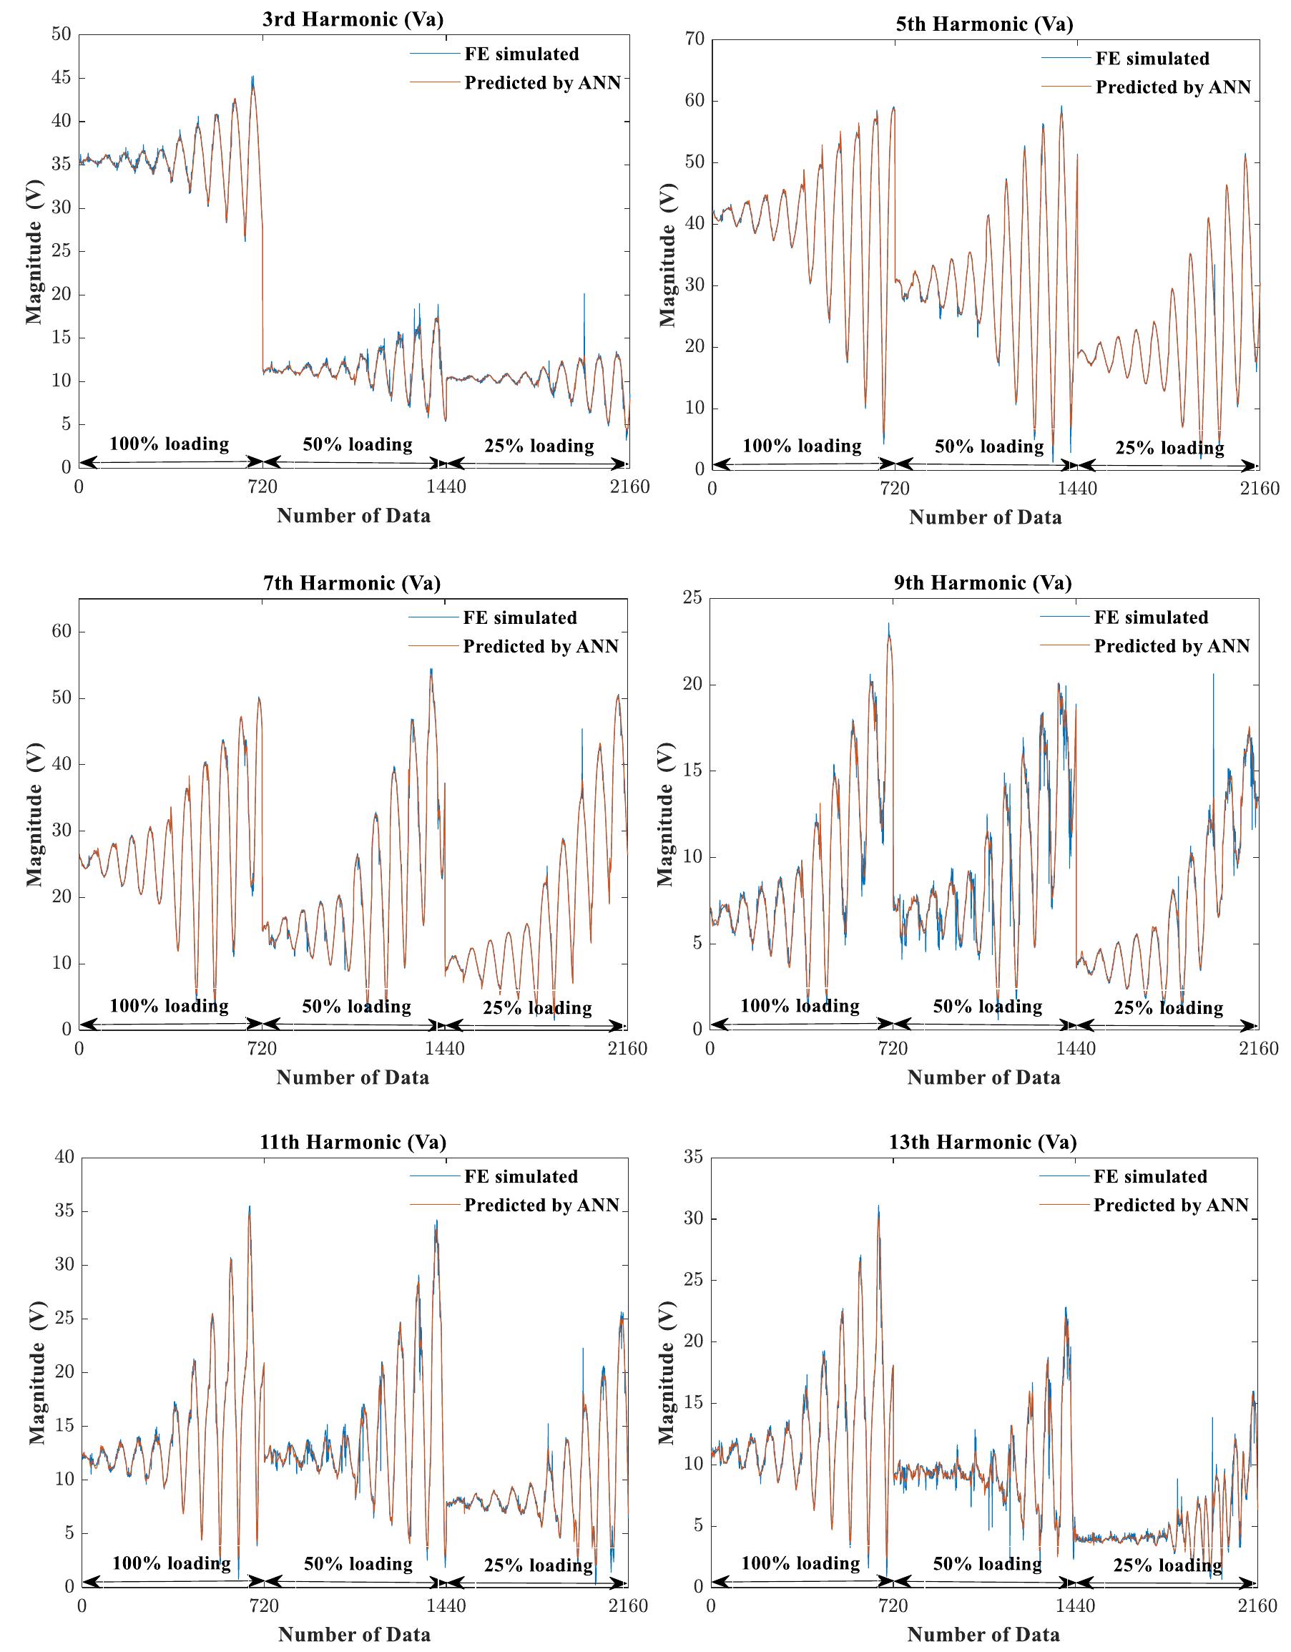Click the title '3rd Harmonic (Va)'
point(353,19)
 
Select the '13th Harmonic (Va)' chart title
point(983,1141)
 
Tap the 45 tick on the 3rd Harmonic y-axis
point(61,78)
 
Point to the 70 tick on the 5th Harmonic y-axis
point(694,39)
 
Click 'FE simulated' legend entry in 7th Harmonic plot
point(519,618)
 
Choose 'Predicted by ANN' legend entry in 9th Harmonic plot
point(1172,646)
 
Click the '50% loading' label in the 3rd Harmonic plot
point(358,444)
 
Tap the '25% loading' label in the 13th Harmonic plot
point(1167,1564)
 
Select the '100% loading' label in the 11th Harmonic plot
point(172,1563)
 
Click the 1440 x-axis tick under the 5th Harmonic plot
point(1076,489)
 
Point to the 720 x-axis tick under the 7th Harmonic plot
point(262,1048)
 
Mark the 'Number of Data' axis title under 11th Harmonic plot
point(354,1635)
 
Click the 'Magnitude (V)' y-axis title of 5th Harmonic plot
point(667,255)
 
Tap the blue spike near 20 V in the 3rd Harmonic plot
point(584,295)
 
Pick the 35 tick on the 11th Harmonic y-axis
point(64,1211)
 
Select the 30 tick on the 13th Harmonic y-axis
point(694,1218)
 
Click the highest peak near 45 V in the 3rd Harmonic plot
point(252,77)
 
